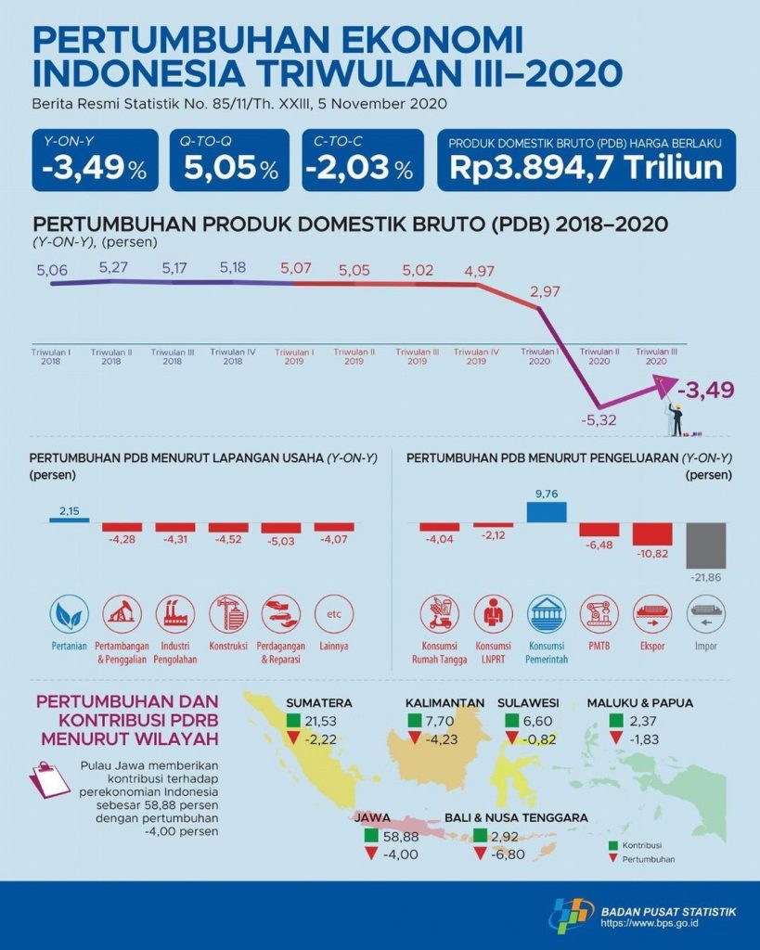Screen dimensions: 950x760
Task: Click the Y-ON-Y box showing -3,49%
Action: point(94,160)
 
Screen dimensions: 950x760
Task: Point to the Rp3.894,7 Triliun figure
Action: point(586,168)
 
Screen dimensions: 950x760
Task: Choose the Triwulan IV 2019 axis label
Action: point(476,356)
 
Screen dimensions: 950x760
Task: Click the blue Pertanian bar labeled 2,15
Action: point(69,520)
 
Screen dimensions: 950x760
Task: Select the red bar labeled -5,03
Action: point(281,527)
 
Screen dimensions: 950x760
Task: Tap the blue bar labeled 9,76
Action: point(547,512)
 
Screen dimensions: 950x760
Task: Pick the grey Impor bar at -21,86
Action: point(706,546)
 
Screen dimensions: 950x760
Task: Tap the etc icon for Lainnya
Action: point(334,613)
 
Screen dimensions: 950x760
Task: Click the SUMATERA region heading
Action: point(318,702)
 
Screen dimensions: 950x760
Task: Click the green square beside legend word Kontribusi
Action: point(612,846)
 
